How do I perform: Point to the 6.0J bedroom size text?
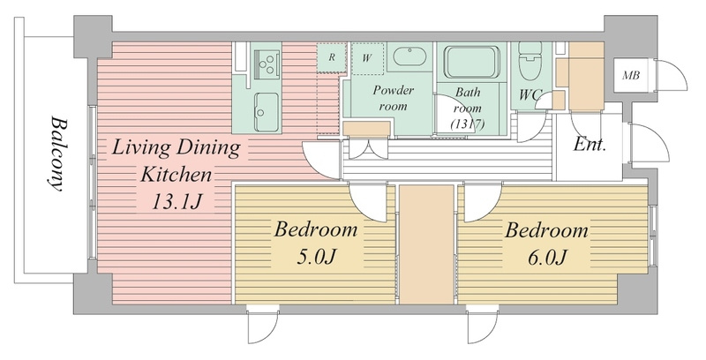click(546, 258)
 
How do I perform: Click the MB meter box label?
click(631, 76)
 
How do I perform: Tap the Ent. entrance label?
click(590, 145)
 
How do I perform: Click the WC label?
click(531, 95)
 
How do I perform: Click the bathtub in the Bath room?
click(472, 62)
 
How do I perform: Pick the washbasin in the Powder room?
click(409, 57)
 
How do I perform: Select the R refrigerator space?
click(332, 57)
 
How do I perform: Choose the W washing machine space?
click(367, 58)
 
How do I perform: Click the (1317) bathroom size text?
click(469, 124)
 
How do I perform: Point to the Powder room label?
click(393, 98)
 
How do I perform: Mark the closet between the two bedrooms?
click(426, 244)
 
